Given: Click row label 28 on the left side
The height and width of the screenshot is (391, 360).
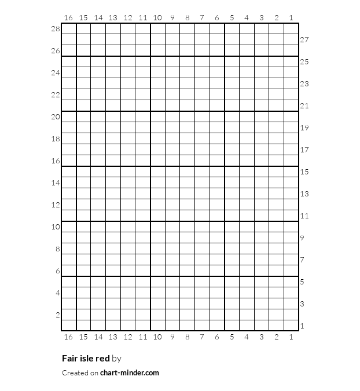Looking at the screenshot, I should [56, 29].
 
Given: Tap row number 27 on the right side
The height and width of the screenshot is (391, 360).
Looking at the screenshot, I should [304, 40].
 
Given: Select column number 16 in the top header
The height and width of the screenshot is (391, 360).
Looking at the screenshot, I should [68, 18].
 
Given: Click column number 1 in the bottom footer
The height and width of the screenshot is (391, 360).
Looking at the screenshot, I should [291, 337].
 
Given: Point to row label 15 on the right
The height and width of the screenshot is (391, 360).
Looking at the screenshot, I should [304, 172].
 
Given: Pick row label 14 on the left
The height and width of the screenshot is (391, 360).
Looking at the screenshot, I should [56, 183].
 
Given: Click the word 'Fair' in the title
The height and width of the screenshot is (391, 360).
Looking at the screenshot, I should [69, 359].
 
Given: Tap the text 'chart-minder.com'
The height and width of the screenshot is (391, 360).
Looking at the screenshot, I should [130, 373].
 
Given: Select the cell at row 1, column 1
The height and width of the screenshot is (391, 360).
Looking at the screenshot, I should [291, 326].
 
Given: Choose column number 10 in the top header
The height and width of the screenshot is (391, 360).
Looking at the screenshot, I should [157, 18].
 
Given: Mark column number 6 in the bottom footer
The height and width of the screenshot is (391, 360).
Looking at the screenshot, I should [217, 337].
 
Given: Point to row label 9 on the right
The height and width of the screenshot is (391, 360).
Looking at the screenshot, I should [302, 238].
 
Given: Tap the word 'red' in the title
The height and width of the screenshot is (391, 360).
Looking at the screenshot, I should [102, 359].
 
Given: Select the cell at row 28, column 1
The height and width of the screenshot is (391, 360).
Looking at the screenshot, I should [291, 29].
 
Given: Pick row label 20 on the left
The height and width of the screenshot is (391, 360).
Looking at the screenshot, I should [56, 117].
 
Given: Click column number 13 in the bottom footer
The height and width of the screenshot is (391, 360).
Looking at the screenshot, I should [113, 337].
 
